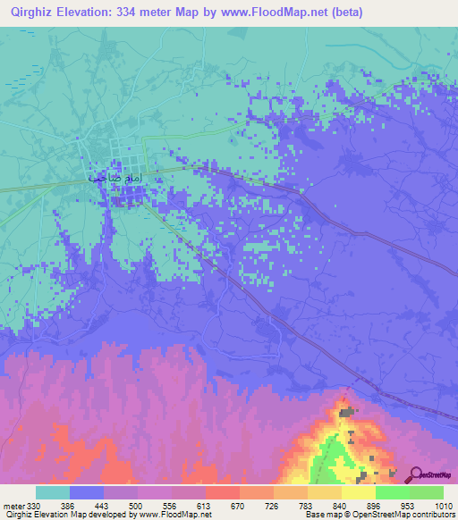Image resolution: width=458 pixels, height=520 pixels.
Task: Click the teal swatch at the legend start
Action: pyautogui.click(x=53, y=492)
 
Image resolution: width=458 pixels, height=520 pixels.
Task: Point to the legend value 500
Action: pyautogui.click(x=137, y=507)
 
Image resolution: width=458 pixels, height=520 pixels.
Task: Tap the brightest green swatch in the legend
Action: pyautogui.click(x=392, y=492)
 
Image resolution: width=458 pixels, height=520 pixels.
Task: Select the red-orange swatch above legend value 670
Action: pyautogui.click(x=222, y=492)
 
